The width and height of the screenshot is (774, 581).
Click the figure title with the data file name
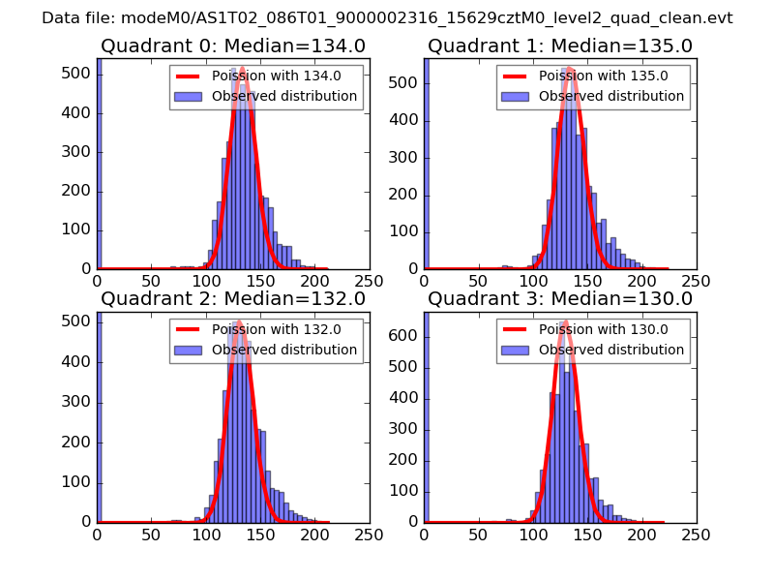coord(387,18)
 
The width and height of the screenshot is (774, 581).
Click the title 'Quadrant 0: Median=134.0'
coord(232,46)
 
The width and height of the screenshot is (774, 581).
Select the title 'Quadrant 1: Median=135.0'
coord(559,46)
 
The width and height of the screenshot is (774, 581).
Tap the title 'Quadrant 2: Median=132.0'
coord(232,299)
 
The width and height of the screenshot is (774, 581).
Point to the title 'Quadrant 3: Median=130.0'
coord(559,299)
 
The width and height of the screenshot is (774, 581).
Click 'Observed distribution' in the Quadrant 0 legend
coord(284,97)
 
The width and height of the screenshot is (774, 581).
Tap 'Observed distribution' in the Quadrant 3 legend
coord(611,350)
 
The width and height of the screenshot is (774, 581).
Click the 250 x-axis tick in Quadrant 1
coord(696,282)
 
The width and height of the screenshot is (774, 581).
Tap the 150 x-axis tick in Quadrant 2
coord(260,535)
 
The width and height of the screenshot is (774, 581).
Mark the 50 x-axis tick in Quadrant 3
coord(478,535)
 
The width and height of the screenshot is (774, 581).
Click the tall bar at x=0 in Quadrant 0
coord(99,165)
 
